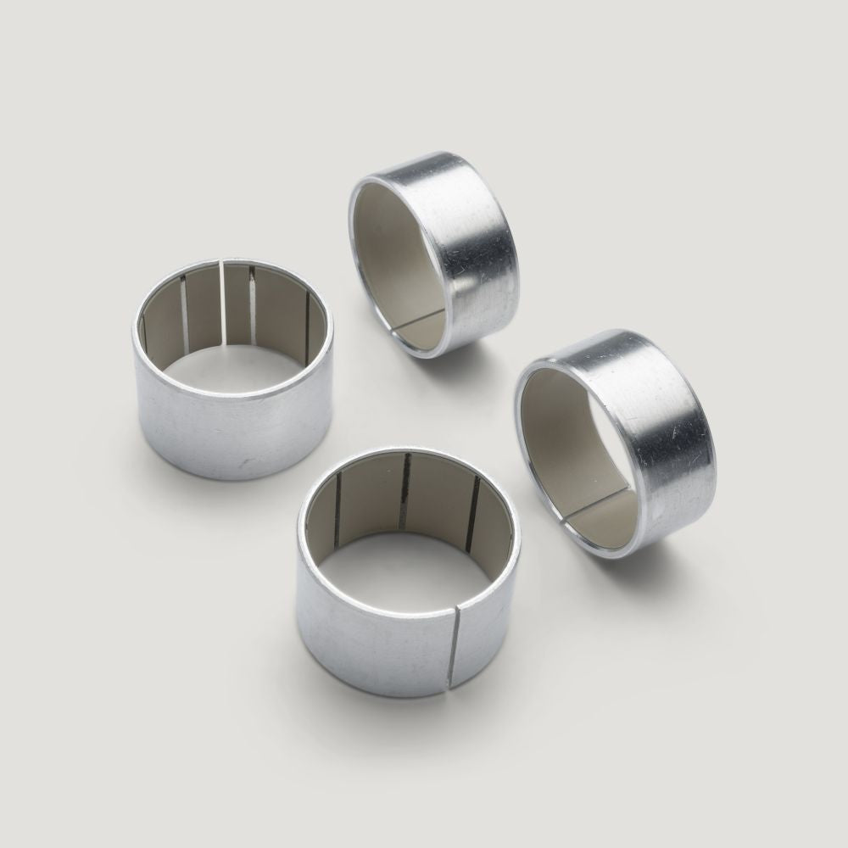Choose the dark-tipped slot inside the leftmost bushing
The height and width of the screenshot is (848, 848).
pos(253,305)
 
